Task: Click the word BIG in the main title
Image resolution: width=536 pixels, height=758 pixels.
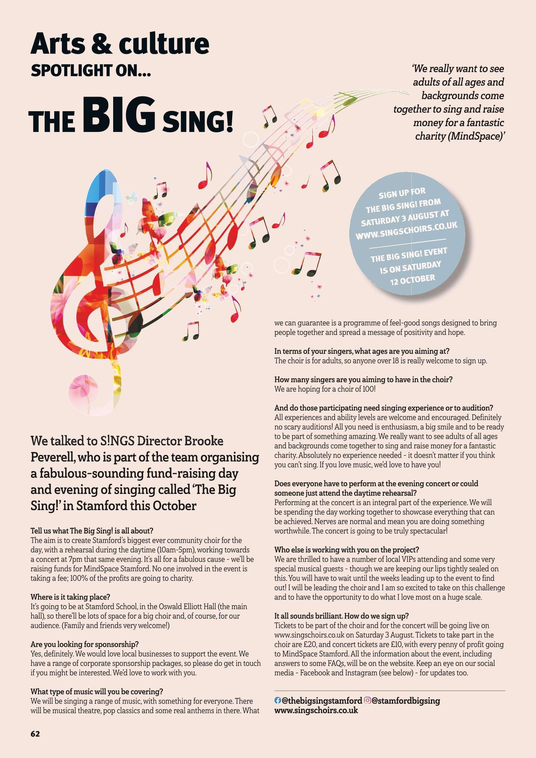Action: coord(119,115)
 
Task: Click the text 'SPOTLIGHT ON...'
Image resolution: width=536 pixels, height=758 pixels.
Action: coord(91,71)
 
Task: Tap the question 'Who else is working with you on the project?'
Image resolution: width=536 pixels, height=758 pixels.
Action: coord(346,550)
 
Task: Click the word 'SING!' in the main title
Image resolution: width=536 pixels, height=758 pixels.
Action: coord(197,122)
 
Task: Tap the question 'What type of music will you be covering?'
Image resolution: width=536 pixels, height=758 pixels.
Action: coord(97,691)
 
